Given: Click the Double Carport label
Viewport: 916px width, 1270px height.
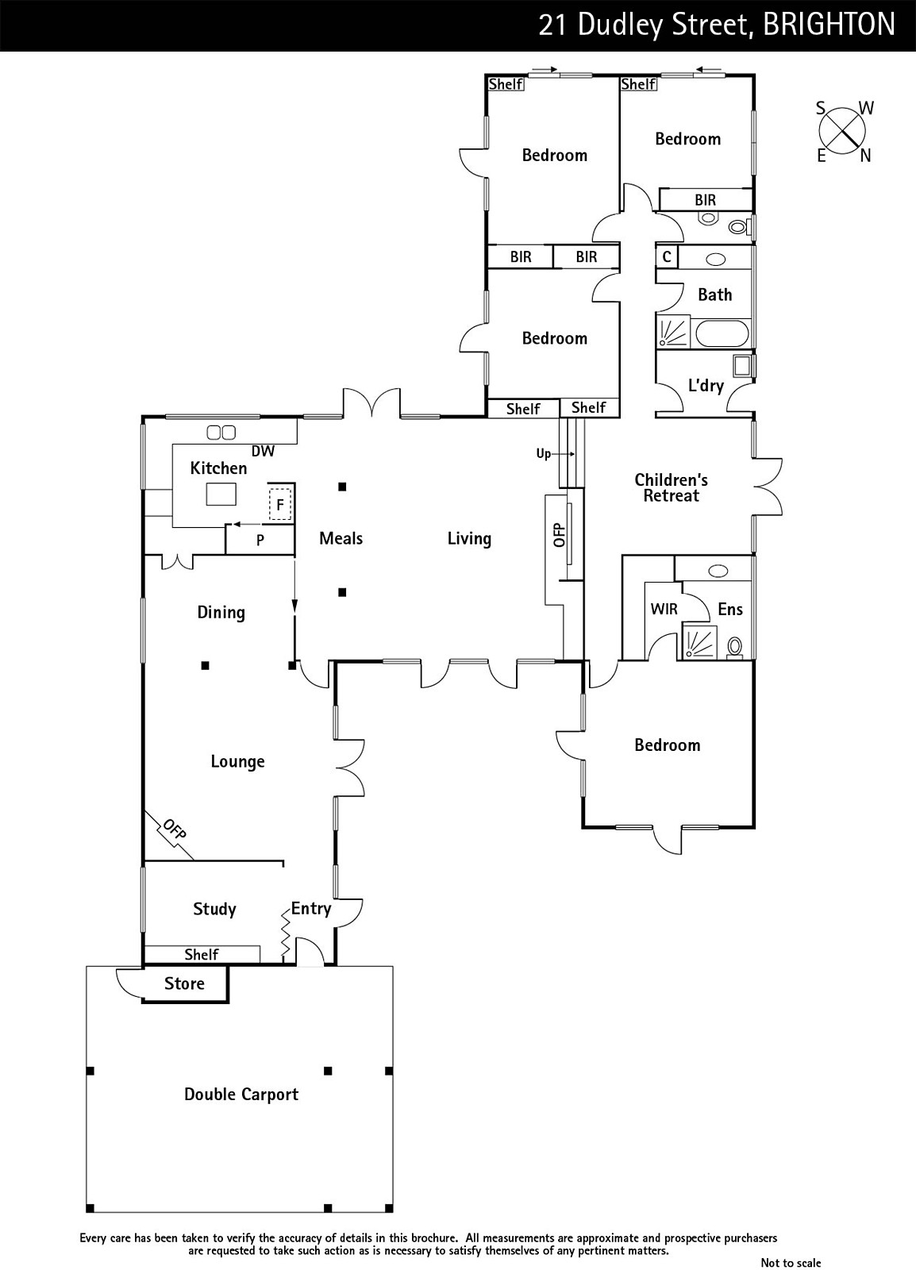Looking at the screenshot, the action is [x=241, y=1095].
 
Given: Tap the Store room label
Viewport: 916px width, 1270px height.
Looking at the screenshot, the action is [x=184, y=983].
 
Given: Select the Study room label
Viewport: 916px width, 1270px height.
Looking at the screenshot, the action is [x=214, y=910].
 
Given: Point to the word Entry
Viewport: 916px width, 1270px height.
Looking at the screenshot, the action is [x=311, y=909].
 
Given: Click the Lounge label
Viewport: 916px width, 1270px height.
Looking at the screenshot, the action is [x=237, y=761].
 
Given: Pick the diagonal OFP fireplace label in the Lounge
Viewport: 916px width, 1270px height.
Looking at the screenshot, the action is [x=174, y=829].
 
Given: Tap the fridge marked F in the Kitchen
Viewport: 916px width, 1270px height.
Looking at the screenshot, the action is [x=279, y=504].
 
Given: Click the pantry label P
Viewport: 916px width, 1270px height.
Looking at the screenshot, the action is [x=260, y=541].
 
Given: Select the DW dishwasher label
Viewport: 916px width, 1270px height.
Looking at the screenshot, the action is [x=263, y=452].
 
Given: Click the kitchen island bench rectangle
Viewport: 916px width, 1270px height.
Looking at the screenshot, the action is [x=221, y=494].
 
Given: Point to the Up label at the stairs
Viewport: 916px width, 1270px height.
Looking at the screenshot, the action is [x=543, y=454].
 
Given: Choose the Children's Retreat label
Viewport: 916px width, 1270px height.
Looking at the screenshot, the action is [x=672, y=488].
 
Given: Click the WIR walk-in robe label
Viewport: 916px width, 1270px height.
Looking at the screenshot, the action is [x=664, y=610].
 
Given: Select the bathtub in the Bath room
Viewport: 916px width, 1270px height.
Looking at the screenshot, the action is [x=722, y=333].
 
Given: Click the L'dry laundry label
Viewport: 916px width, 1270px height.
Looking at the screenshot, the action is [x=706, y=386].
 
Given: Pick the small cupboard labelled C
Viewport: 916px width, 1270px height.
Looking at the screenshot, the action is [x=668, y=257].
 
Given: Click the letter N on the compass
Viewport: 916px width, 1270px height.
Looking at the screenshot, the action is [x=865, y=156].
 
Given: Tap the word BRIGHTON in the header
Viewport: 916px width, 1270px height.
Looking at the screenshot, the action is [x=829, y=25].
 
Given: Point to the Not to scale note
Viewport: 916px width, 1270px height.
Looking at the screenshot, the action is [x=791, y=1263].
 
